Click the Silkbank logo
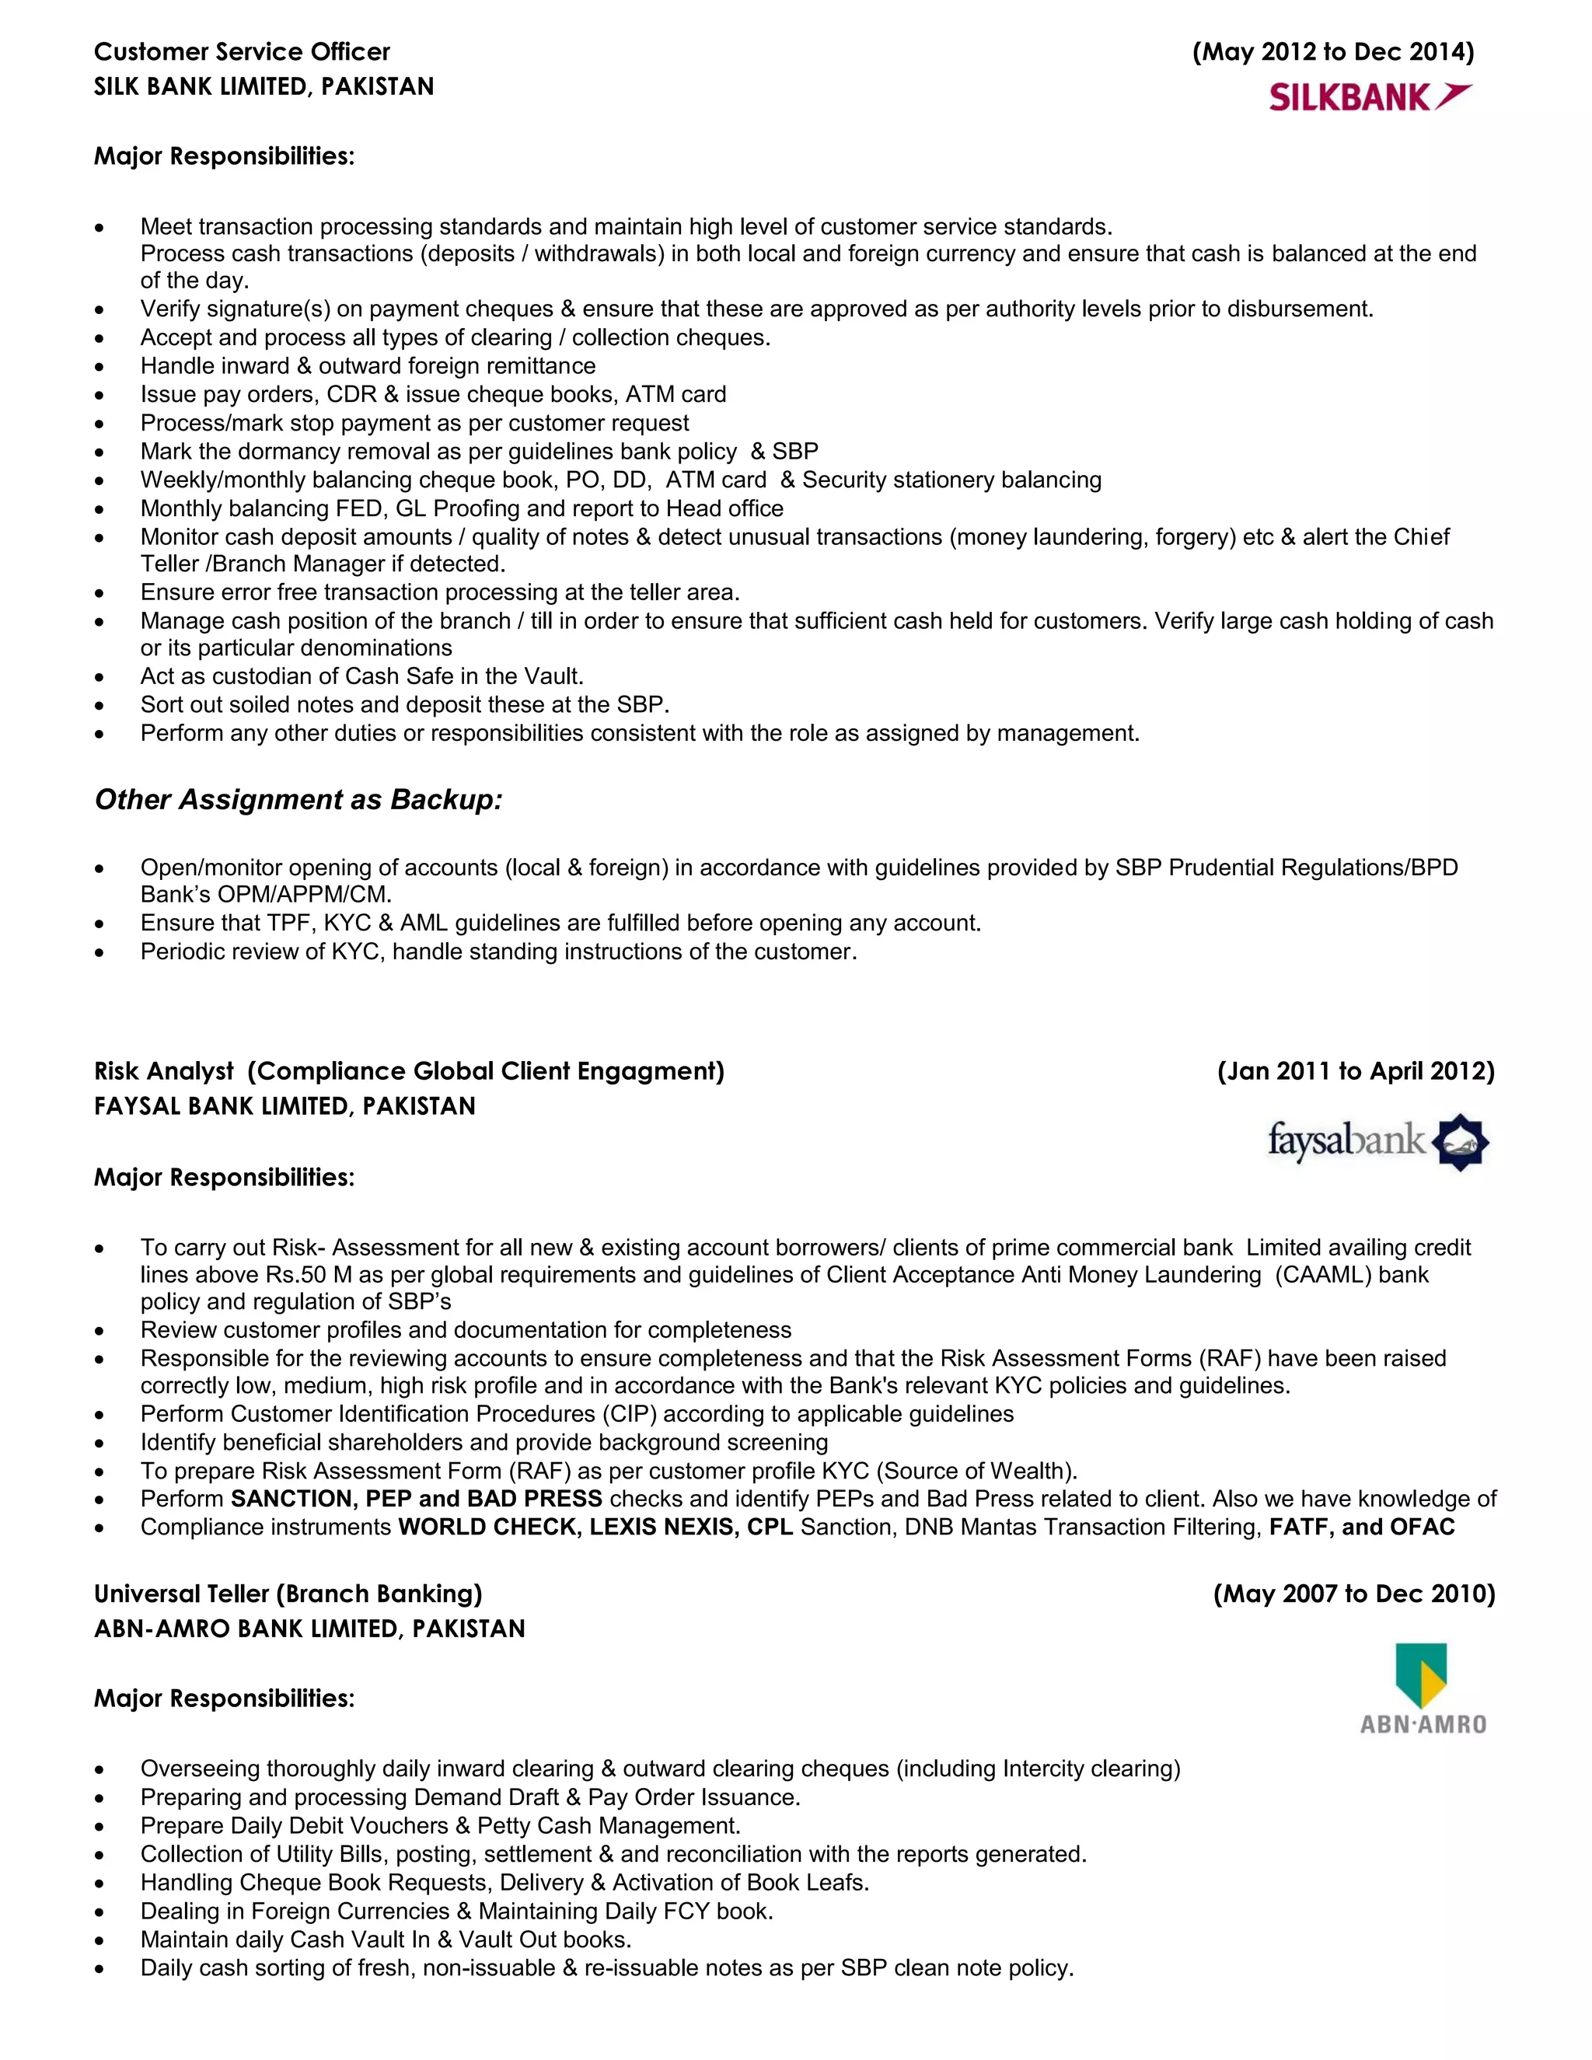click(1370, 97)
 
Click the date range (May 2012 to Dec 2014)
click(1332, 52)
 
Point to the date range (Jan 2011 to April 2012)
click(1355, 1071)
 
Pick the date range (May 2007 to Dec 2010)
click(1353, 1594)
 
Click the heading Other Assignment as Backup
click(298, 800)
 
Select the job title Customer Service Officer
click(242, 52)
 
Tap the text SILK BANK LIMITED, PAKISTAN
click(264, 87)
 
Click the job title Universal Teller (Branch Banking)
click(288, 1594)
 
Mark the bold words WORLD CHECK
click(487, 1527)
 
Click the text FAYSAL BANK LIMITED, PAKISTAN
click(285, 1106)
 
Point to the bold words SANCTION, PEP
click(321, 1499)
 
